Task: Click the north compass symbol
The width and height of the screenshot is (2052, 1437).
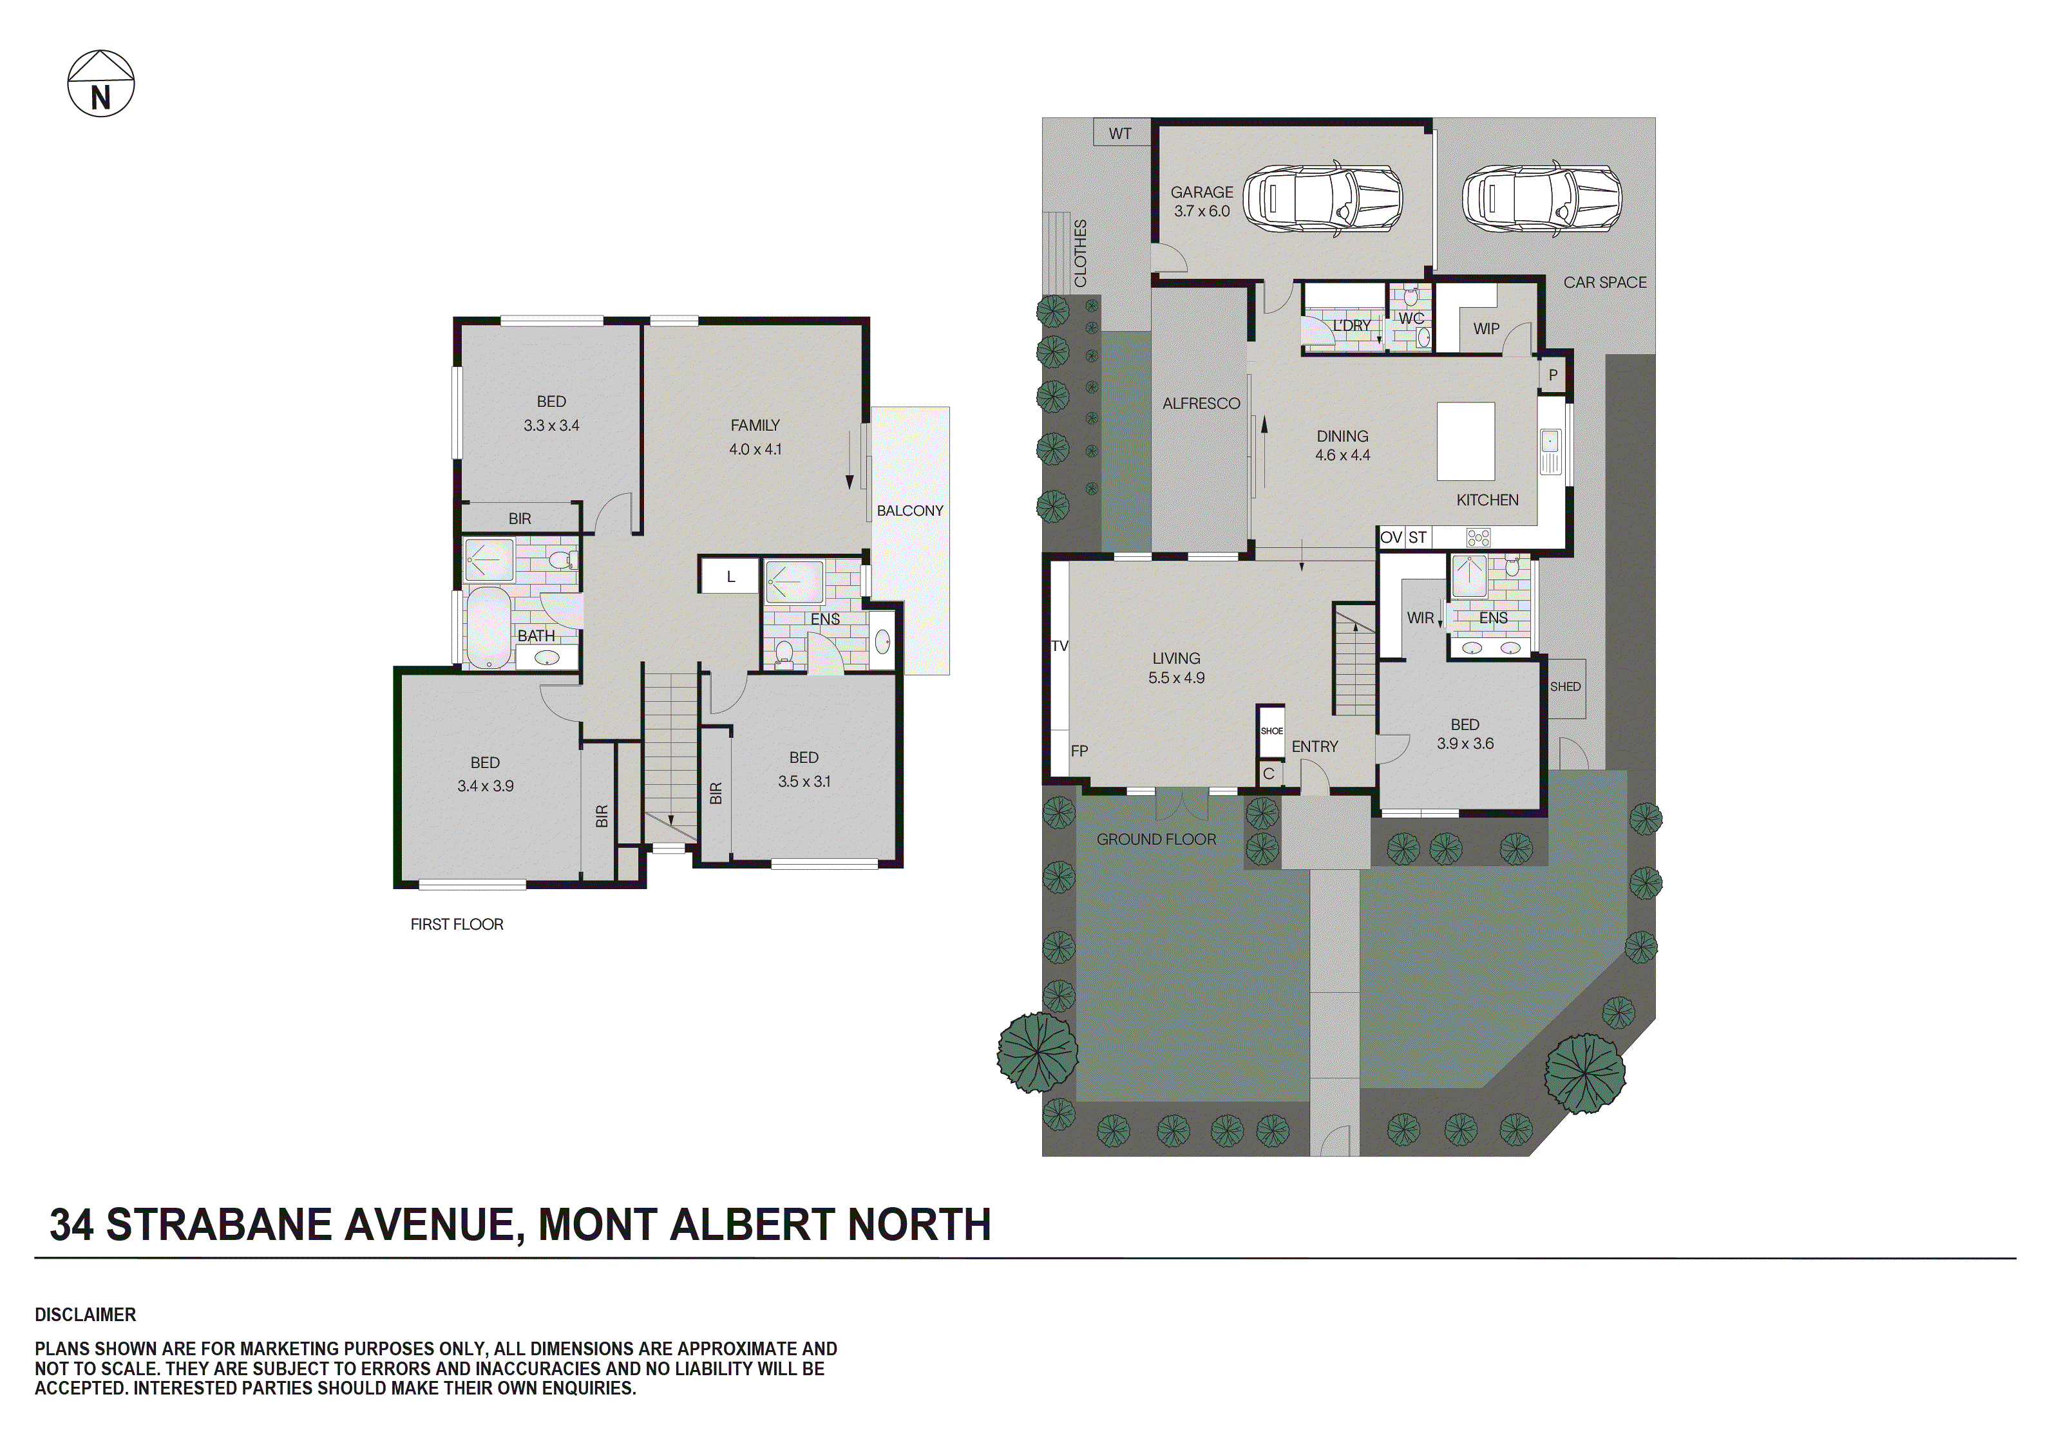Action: coord(101,84)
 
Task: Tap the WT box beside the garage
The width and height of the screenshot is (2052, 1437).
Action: coord(1120,133)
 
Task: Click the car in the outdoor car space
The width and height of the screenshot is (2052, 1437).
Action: coord(1541,198)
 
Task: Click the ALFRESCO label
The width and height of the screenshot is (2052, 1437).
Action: coord(1201,404)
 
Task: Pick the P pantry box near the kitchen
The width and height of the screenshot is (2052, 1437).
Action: coord(1552,375)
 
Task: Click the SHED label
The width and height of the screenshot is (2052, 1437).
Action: coord(1565,687)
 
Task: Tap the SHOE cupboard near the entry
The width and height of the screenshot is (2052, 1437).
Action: coord(1271,731)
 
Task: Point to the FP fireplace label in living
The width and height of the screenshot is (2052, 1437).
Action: coord(1079,751)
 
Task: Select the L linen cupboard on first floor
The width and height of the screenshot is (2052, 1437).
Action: coord(730,576)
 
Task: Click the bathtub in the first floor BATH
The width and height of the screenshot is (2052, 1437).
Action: coord(488,627)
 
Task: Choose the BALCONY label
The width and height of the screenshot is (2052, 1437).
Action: coord(910,511)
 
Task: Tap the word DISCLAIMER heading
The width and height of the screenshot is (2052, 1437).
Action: coord(86,1315)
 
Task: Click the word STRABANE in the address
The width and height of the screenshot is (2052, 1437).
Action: coord(220,1225)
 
